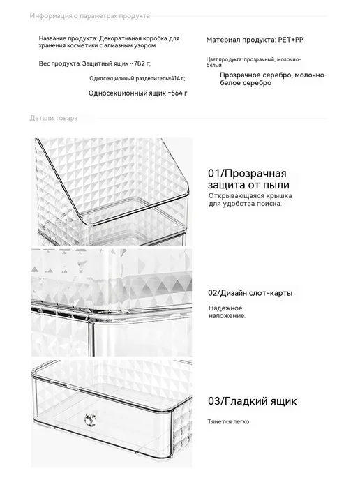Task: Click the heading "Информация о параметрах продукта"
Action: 90,16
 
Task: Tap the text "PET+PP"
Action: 291,40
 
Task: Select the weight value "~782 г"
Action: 140,63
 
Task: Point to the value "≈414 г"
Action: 177,78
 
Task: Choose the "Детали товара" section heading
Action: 54,118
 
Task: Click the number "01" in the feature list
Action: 214,173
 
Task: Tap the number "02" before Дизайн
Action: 213,293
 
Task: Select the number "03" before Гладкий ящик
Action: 214,401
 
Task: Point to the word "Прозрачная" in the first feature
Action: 255,173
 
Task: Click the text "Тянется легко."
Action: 230,421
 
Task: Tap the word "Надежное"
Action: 225,308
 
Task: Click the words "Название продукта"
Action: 68,38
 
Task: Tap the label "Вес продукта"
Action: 59,63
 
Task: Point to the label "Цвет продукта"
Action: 225,59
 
